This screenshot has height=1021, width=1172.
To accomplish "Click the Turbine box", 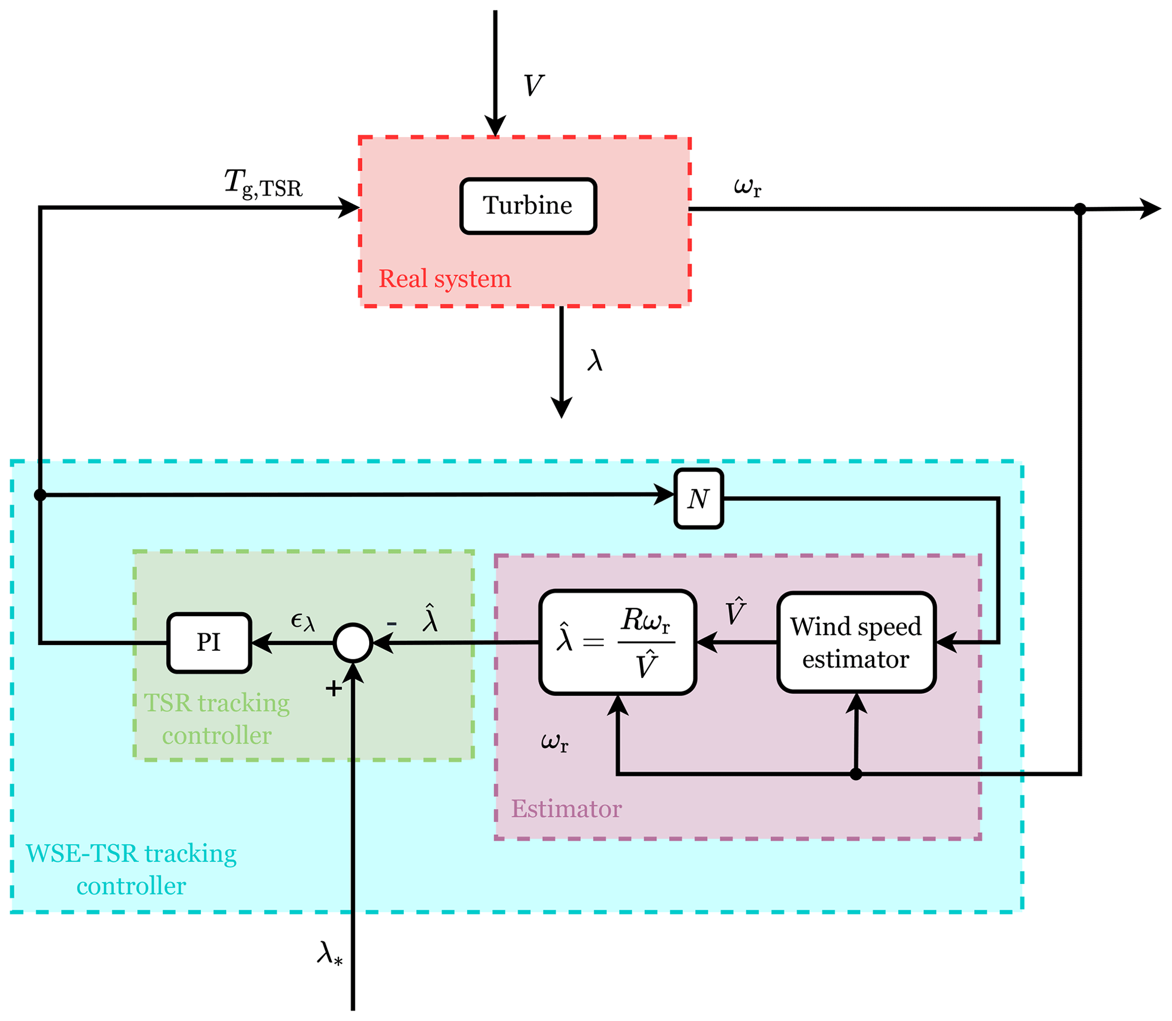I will [x=528, y=206].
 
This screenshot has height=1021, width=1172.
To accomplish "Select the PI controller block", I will [x=209, y=643].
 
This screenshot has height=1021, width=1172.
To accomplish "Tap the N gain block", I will [x=699, y=499].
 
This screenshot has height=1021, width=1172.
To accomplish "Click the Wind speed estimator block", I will [x=856, y=643].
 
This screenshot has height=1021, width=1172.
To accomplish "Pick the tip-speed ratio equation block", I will [x=617, y=643].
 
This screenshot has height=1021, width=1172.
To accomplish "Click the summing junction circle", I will [x=353, y=643].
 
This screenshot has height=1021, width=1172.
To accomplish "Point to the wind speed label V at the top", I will [x=534, y=86].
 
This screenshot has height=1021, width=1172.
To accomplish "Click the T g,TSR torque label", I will [x=263, y=184].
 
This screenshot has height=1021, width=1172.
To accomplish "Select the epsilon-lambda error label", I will [x=303, y=621].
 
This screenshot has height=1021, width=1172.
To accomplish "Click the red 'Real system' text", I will [x=445, y=278].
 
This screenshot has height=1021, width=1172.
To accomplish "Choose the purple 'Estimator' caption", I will [x=566, y=809].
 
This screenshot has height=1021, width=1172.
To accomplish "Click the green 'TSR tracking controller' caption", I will [x=217, y=719].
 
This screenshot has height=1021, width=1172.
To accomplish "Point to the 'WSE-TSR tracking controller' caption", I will [x=131, y=870].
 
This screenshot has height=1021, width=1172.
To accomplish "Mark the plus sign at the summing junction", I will [x=333, y=689].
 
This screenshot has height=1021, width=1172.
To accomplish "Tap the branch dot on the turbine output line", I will [x=1080, y=209].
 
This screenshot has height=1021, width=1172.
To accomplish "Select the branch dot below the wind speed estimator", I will [x=855, y=774].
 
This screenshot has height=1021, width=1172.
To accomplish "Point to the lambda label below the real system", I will [x=595, y=361].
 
